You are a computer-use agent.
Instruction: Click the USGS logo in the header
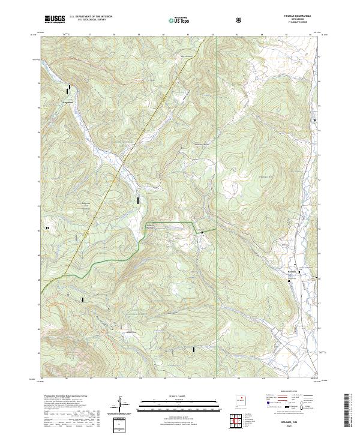click(55, 19)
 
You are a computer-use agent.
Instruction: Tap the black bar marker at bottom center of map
click(194, 349)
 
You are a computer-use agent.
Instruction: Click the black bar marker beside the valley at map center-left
click(139, 199)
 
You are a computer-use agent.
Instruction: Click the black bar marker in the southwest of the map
click(83, 299)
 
